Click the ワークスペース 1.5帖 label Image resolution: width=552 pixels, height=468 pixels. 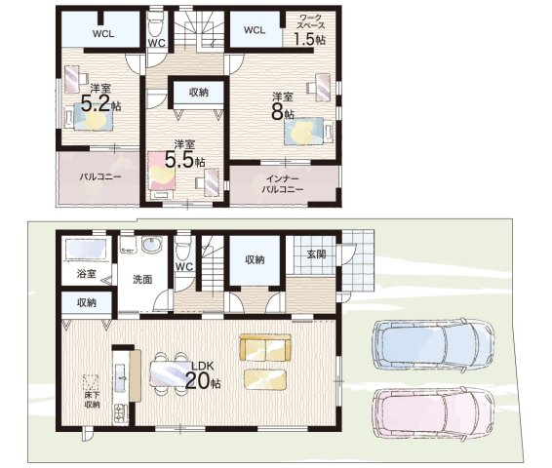(x=309, y=30)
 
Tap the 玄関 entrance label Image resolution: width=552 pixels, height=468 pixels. (x=316, y=254)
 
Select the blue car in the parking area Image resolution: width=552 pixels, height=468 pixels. (x=433, y=343)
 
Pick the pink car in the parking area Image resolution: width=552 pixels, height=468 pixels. (x=434, y=412)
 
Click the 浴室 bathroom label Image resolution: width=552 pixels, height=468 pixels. (x=86, y=274)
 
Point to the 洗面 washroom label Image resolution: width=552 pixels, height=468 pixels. (x=142, y=280)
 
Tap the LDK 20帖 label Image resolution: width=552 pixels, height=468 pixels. (x=203, y=375)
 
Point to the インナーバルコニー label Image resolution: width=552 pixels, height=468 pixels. (x=282, y=184)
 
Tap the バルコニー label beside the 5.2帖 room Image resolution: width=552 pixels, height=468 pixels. (x=100, y=176)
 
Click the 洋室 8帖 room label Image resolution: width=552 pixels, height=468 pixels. (x=282, y=106)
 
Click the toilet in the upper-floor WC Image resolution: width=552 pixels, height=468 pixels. (x=155, y=24)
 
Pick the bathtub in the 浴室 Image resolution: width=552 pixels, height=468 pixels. (x=86, y=250)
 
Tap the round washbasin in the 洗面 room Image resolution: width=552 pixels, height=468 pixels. (x=152, y=245)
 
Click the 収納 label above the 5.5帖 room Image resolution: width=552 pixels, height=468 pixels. (x=199, y=93)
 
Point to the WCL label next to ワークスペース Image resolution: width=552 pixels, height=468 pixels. (x=255, y=30)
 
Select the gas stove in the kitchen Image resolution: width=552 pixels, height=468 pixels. (x=121, y=413)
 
